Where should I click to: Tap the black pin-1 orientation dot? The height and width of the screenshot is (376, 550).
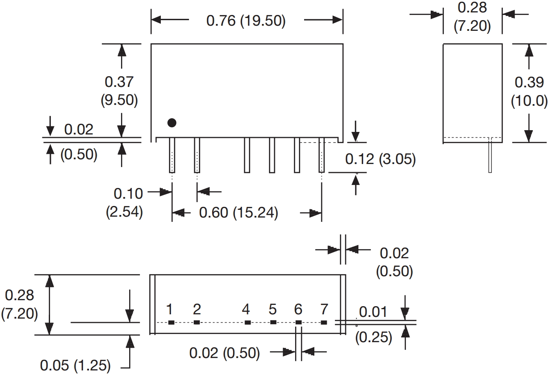point(172,123)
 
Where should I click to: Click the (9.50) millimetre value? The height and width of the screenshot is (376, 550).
point(119,100)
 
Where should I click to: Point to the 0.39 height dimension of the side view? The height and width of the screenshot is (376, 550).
point(529,82)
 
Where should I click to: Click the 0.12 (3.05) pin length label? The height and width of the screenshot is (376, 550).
point(380,159)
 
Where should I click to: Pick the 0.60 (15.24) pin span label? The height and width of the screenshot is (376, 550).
point(238,212)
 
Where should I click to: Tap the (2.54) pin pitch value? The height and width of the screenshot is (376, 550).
point(124,212)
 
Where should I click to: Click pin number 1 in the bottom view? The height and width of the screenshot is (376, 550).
point(170,309)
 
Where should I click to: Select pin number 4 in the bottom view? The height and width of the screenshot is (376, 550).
point(246,309)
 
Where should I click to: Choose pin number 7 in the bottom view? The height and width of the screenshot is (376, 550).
point(324,309)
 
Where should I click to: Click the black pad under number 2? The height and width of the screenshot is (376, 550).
point(197,322)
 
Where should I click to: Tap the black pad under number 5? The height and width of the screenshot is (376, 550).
point(273,322)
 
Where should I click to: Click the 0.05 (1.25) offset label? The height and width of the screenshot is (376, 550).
point(75,366)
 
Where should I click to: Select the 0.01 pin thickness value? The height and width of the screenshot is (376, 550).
point(373,312)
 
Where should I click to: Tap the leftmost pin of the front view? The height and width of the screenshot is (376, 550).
point(172,155)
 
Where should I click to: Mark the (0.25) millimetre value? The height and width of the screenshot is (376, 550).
point(373,337)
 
